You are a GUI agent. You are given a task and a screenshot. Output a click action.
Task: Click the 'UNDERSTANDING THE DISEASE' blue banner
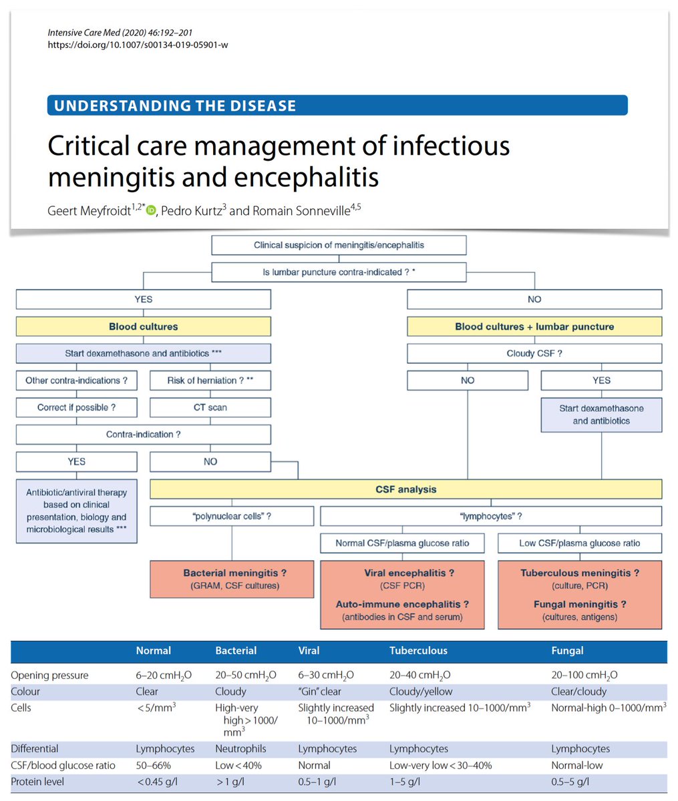(337, 105)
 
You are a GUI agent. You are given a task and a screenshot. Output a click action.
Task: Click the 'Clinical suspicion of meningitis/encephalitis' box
(339, 245)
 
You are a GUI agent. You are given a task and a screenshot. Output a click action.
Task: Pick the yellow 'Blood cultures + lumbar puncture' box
(534, 326)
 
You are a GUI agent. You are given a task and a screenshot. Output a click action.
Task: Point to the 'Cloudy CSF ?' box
(534, 353)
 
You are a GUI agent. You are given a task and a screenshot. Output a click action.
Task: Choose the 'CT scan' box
(210, 407)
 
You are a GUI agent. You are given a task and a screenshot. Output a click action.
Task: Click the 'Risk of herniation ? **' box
(210, 380)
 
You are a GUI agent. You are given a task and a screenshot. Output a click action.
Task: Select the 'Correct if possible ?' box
(77, 407)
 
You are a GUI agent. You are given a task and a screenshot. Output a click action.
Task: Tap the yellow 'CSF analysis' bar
(405, 489)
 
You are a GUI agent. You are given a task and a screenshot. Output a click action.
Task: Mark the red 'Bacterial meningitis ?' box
(232, 579)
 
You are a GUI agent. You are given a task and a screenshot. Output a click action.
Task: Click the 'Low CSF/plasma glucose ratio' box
(579, 543)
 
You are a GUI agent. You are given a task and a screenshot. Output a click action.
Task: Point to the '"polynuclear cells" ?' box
(232, 516)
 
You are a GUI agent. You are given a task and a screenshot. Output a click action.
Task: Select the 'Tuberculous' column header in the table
(418, 650)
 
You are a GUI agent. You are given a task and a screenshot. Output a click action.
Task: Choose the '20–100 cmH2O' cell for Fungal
(584, 676)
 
